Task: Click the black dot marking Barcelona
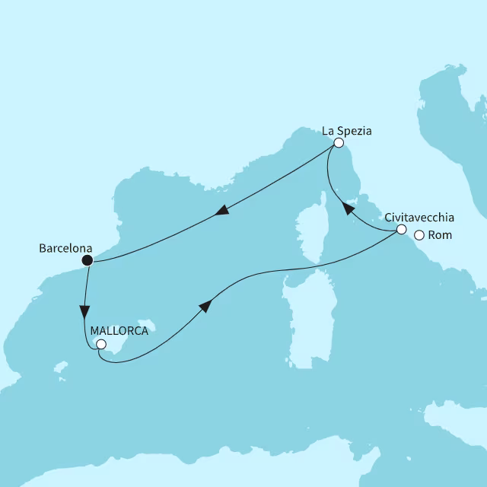[88, 261]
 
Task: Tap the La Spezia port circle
[339, 143]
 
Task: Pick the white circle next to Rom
[419, 235]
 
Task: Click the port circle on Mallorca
[100, 344]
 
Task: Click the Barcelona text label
[66, 248]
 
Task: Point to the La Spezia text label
[346, 130]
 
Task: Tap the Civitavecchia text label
[420, 216]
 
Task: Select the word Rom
[440, 235]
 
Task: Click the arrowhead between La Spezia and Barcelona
[221, 212]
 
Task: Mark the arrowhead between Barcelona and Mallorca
[85, 312]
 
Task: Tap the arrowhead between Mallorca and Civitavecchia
[204, 305]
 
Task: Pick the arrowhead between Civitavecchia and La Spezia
[347, 208]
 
